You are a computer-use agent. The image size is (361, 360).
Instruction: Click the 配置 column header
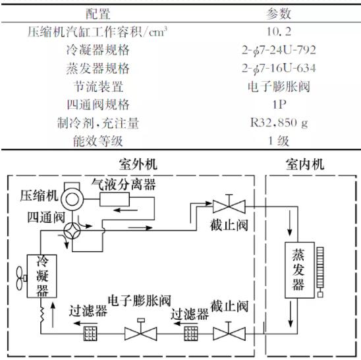coord(98,14)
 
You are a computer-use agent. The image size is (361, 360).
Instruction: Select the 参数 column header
coord(279,14)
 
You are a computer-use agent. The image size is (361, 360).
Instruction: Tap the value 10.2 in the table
coord(279,32)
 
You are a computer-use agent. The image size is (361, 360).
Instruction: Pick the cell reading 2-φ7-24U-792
coord(279,50)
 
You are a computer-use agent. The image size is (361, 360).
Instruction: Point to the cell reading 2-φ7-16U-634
coord(279,68)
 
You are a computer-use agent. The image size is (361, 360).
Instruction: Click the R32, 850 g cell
coord(279,123)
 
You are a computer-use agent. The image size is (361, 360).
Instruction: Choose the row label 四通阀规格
coord(98,105)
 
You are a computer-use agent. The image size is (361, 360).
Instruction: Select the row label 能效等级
coord(98,141)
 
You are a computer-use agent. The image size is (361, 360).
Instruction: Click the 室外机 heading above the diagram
coord(138,164)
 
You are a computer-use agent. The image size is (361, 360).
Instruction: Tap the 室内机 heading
coord(305,164)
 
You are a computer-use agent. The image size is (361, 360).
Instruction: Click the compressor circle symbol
coord(72,198)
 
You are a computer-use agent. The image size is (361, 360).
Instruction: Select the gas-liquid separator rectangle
coord(115,200)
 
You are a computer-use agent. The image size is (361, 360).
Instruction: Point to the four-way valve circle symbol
coord(72,231)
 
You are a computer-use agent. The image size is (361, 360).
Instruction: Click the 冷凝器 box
coord(42,276)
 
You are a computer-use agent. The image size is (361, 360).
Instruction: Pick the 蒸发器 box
coord(300,270)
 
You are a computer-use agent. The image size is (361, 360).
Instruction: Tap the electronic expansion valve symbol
coord(141,331)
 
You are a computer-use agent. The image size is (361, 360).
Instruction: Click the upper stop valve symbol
coord(229,205)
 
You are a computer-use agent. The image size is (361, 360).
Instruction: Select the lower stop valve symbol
coord(229,332)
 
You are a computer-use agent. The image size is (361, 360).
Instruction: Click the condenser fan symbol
coord(21,278)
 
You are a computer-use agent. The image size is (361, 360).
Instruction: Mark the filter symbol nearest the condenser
coord(90,334)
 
